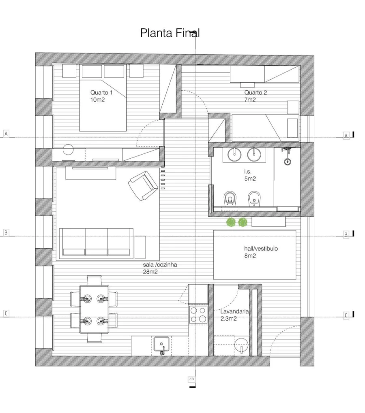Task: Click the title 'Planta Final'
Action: coord(170,33)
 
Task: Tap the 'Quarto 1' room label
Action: coord(101,93)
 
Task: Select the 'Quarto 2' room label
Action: coord(255,93)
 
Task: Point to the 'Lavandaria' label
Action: coord(234,312)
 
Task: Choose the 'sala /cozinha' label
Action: coord(160,265)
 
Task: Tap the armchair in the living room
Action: coord(143,185)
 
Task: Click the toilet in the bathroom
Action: coord(230,198)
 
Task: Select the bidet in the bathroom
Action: coord(254,198)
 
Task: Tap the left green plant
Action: coord(231,222)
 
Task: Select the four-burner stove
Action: coord(198,315)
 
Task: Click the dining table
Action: coord(94,309)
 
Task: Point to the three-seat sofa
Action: coord(97,242)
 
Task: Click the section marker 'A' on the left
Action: coord(6,133)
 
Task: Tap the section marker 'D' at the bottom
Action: coord(191,379)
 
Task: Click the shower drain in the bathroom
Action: coord(287,162)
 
